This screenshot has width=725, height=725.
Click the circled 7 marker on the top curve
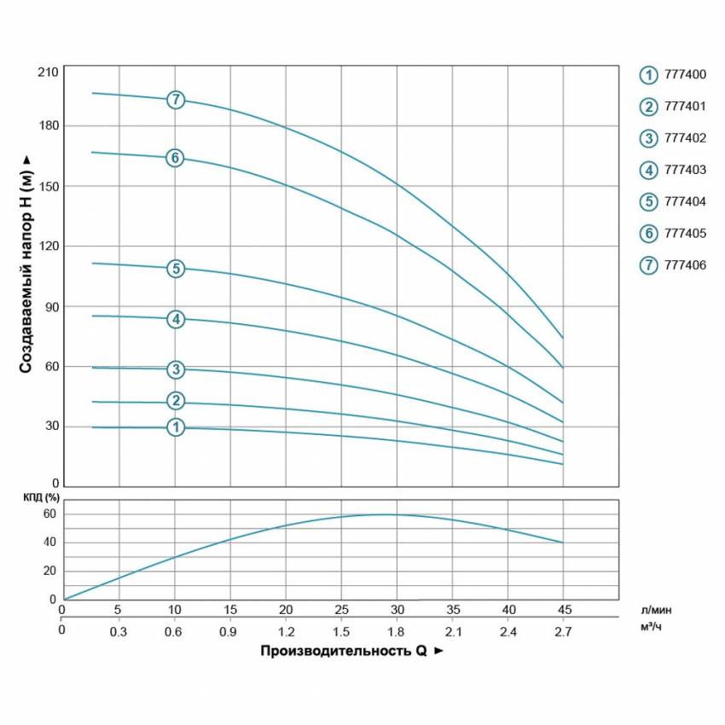(176, 99)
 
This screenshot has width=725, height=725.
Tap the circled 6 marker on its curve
(175, 158)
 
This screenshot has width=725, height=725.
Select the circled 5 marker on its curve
(176, 269)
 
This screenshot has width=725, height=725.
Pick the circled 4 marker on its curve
(176, 319)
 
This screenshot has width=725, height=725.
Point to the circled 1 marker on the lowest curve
(176, 427)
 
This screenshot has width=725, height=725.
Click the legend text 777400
(685, 75)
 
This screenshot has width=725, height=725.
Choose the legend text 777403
(685, 170)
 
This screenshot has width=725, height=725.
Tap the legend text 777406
(685, 264)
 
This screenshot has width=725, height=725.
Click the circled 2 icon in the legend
(649, 107)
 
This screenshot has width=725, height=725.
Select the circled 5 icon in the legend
(649, 201)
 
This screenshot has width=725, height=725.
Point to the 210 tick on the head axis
(48, 71)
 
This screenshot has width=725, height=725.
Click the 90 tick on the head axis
(51, 306)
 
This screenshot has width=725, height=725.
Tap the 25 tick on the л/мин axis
(341, 611)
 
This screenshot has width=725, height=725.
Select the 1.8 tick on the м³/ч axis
(396, 631)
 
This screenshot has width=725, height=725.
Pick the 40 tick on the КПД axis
(49, 542)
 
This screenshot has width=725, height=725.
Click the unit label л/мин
(657, 611)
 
